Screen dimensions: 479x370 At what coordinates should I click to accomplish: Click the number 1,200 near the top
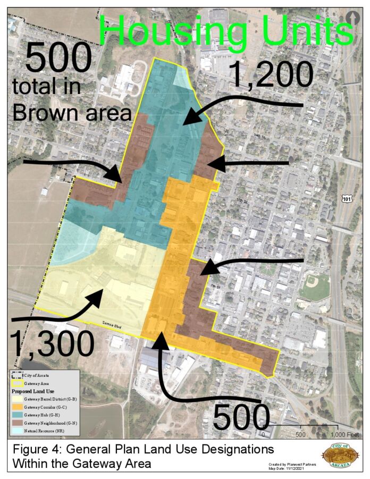(271, 74)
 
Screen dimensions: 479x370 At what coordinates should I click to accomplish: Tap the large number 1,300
(52, 342)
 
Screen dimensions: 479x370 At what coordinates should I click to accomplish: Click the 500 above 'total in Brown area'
(58, 58)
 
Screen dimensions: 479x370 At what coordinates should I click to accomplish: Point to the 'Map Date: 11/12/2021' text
(288, 468)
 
